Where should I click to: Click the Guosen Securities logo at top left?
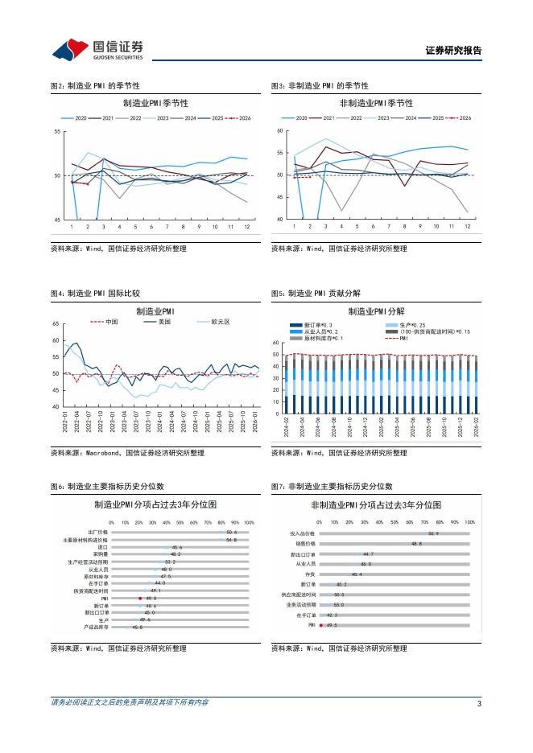point(97,50)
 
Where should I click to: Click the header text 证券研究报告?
point(453,51)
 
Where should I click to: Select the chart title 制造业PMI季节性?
point(155,104)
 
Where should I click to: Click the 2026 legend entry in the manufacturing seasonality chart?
point(240,117)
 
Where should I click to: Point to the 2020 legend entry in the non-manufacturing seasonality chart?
point(300,117)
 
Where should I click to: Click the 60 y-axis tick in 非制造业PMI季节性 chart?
point(279,130)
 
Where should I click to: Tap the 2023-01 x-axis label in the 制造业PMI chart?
point(113,422)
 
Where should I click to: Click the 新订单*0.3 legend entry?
point(309,324)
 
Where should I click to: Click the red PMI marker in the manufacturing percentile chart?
point(140,598)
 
